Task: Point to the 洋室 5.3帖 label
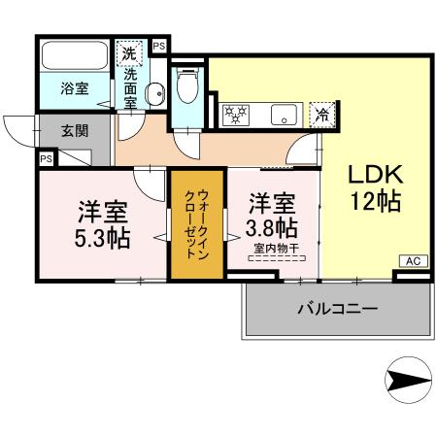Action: click(x=99, y=222)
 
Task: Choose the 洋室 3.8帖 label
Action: click(x=272, y=215)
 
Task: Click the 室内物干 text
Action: click(x=274, y=248)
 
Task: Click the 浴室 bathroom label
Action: click(x=76, y=87)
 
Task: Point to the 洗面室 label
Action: click(x=130, y=86)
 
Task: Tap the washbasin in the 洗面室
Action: click(x=154, y=94)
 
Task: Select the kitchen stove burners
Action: click(x=236, y=114)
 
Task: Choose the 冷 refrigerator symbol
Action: click(x=321, y=114)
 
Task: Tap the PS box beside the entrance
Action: click(x=46, y=159)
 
